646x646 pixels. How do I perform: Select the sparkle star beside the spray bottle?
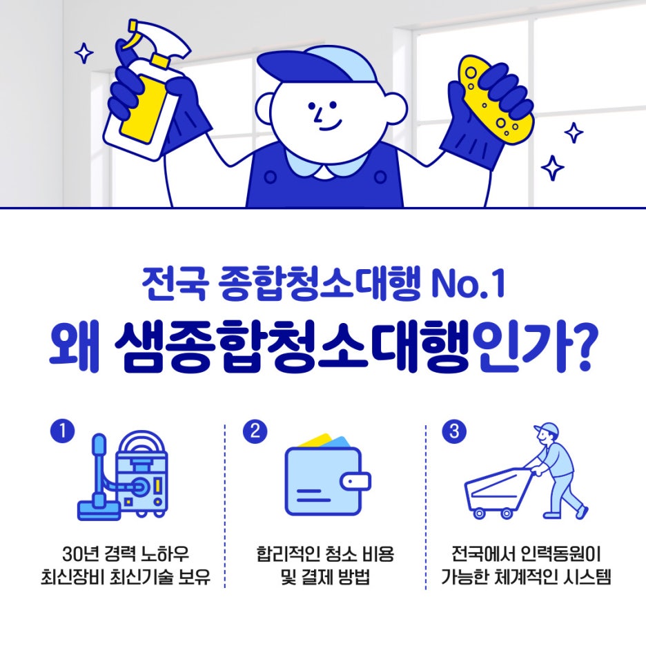(84, 53)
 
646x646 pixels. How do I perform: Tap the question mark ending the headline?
(579, 348)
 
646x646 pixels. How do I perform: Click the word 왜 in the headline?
(75, 347)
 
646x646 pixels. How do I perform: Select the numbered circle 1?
(62, 431)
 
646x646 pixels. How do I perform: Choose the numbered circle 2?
(255, 431)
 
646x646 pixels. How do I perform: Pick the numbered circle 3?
(454, 431)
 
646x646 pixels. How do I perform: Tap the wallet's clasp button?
(355, 481)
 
